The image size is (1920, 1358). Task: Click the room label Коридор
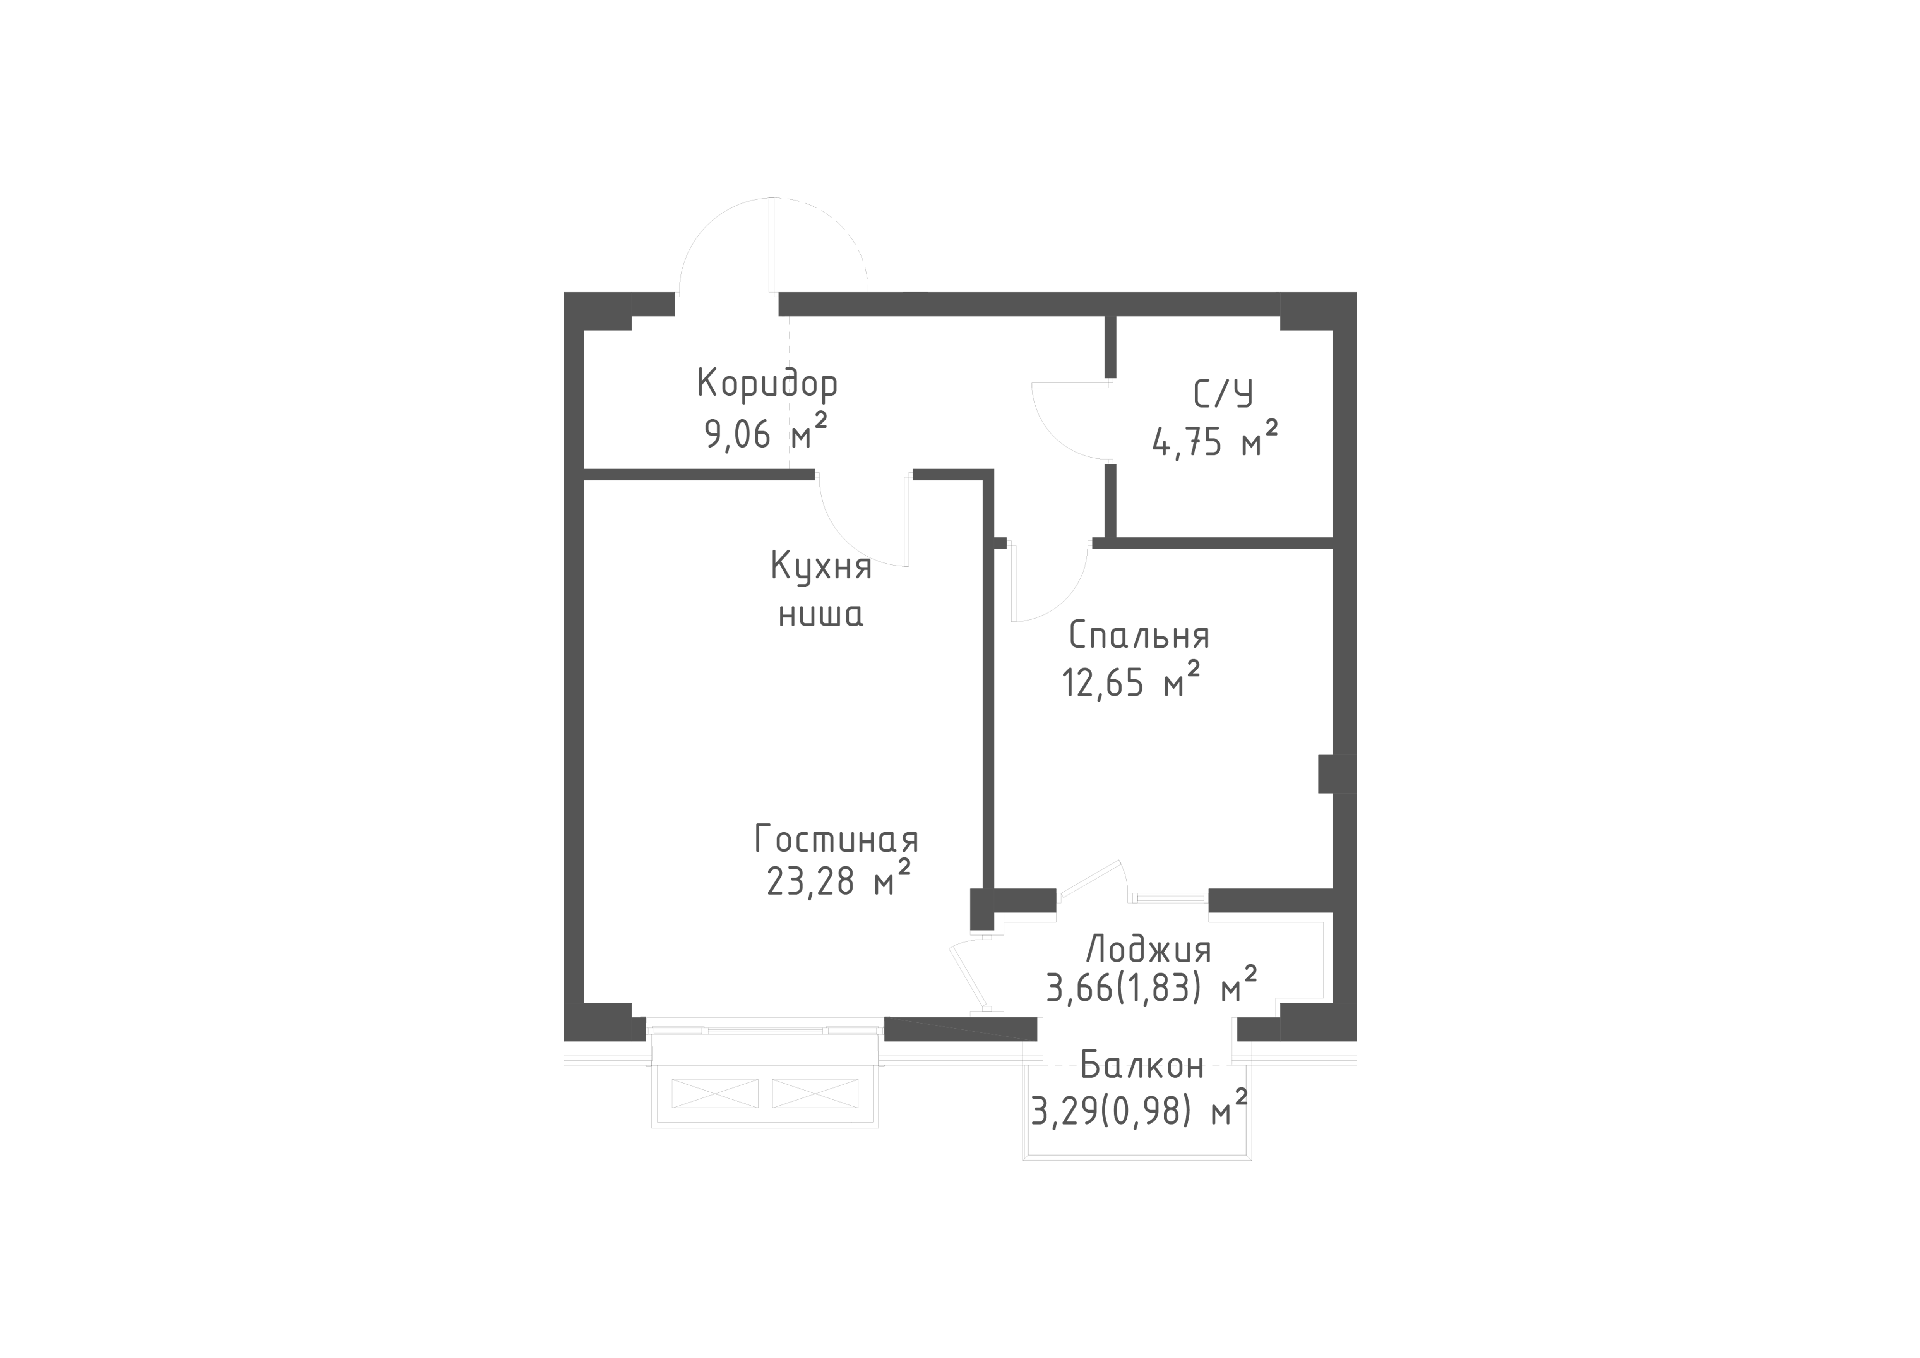point(767,384)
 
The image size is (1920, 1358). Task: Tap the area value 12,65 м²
point(1131,681)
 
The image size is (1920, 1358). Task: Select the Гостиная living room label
point(836,840)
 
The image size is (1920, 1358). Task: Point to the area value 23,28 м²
point(838,881)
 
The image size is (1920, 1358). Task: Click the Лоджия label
point(1148,951)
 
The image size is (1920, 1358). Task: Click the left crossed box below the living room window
point(715,1093)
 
